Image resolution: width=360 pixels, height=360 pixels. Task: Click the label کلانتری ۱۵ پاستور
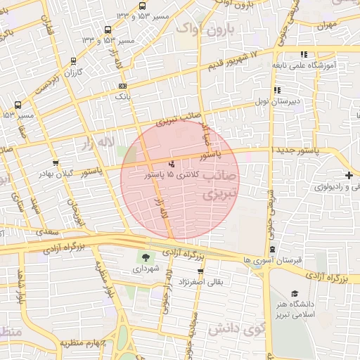click(x=172, y=174)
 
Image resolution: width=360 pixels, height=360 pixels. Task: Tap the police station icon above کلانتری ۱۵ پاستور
click(x=172, y=164)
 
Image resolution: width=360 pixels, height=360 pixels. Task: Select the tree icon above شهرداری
click(x=146, y=258)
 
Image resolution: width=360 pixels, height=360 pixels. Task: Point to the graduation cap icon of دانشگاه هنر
click(x=294, y=294)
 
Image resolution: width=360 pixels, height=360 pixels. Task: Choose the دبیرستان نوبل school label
click(x=278, y=101)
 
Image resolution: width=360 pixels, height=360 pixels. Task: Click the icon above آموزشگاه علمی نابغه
click(x=303, y=54)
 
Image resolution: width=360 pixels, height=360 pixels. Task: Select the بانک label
click(x=123, y=96)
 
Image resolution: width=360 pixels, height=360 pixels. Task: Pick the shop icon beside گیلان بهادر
click(x=56, y=163)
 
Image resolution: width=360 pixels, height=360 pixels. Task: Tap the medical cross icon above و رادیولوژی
click(x=349, y=175)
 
